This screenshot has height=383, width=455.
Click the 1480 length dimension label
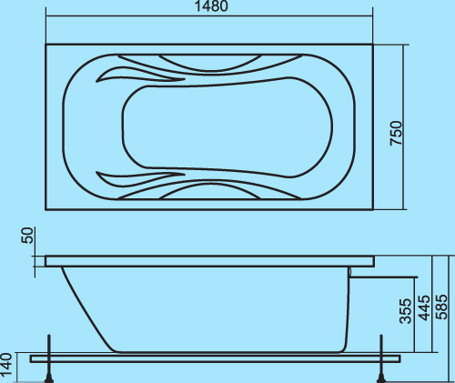click(x=211, y=6)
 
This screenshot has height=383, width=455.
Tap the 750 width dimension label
click(x=396, y=133)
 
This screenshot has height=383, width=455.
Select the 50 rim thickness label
click(x=27, y=236)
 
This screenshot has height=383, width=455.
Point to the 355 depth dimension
click(x=406, y=311)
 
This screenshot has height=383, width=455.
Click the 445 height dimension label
click(x=424, y=307)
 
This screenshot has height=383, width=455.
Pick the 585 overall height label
click(x=441, y=307)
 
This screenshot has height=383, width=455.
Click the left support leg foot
click(x=49, y=379)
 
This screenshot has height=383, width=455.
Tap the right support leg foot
click(x=381, y=379)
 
